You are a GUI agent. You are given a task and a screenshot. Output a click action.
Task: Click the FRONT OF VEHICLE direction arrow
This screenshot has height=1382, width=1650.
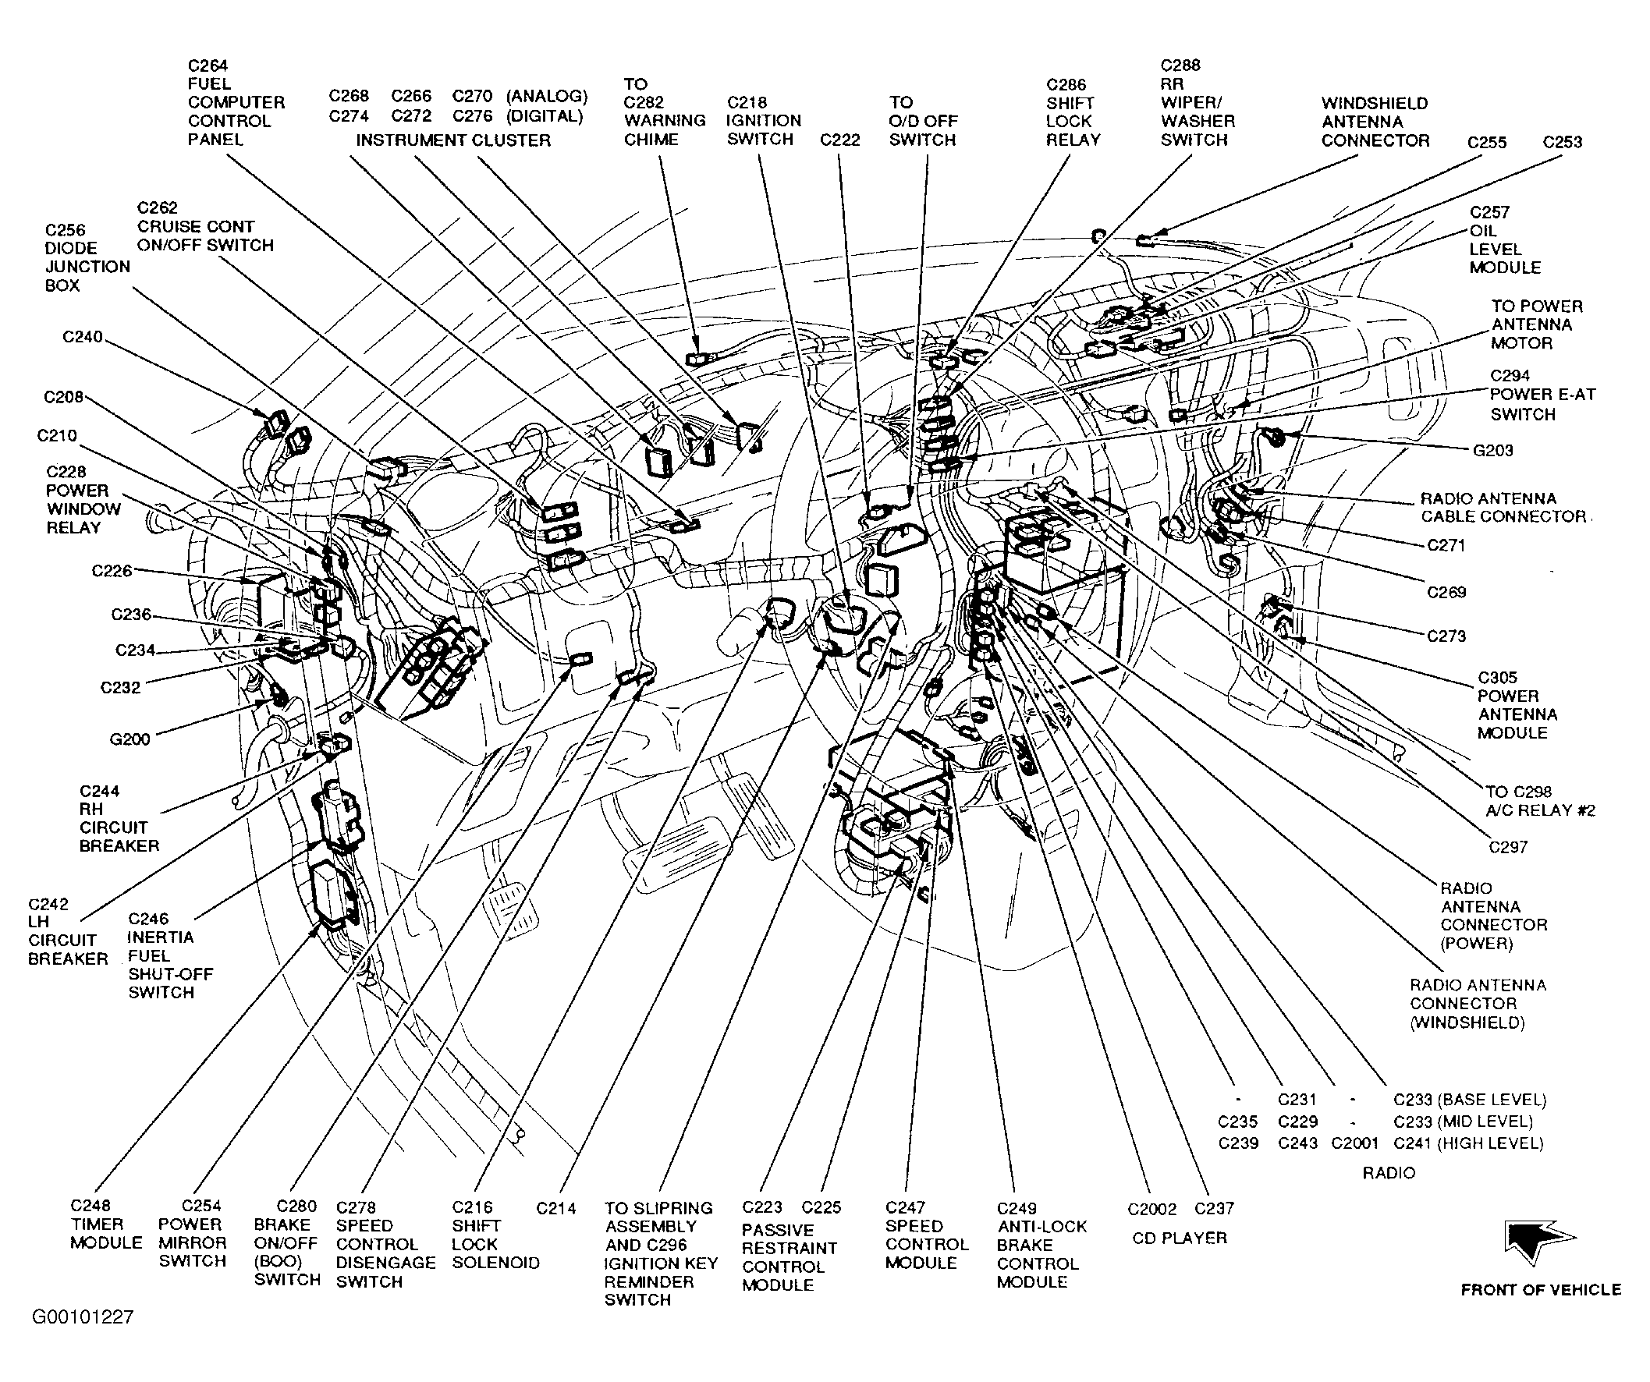[1536, 1241]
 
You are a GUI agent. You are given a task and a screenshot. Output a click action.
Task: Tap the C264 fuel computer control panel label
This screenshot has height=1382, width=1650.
[236, 102]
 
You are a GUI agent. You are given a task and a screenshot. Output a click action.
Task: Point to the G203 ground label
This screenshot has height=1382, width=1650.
[1493, 450]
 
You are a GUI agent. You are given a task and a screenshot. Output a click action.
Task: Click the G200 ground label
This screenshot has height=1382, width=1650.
[130, 739]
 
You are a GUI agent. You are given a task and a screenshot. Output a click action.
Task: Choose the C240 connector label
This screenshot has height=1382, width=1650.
[83, 337]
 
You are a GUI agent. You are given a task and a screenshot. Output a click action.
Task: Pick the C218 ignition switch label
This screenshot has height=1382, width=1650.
[764, 121]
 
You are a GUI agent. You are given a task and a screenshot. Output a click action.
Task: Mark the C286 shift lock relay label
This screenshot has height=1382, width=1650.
[1073, 112]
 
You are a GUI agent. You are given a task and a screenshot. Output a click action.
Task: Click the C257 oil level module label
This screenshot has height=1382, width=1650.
[1505, 239]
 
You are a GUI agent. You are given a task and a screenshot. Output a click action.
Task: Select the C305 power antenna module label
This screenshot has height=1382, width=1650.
[1517, 705]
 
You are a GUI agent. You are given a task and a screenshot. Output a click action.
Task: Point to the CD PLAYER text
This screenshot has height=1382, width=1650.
[1180, 1238]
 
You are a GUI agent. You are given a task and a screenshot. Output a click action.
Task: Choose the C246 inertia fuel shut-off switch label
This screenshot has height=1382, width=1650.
[172, 955]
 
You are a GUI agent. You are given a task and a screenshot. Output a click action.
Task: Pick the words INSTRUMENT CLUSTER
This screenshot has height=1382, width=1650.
[453, 140]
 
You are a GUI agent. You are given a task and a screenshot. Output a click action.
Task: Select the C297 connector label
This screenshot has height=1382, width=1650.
[1508, 847]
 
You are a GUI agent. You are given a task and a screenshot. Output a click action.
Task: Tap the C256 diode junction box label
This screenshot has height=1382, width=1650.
[87, 257]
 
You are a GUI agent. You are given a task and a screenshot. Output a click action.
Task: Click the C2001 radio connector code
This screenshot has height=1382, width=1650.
[1354, 1143]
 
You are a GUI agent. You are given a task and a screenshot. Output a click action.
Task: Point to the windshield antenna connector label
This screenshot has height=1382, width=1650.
[1375, 122]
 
